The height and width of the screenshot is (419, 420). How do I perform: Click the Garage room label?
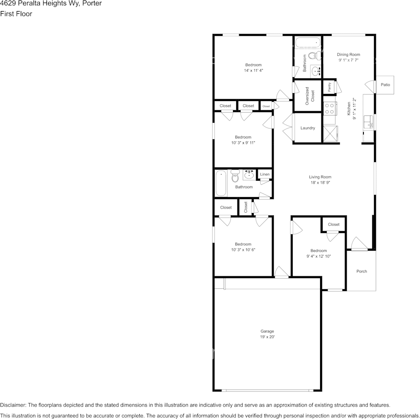tap(267, 331)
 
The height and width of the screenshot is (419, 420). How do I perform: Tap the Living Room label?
tap(320, 177)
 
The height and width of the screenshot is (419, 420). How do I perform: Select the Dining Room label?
tap(348, 54)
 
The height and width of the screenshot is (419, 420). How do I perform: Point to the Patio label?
tap(386, 85)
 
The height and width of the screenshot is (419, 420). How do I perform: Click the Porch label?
tap(362, 272)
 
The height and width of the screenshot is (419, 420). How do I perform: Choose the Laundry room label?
tap(308, 128)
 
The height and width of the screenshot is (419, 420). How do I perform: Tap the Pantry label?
tap(329, 87)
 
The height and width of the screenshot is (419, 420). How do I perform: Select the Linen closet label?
tap(264, 175)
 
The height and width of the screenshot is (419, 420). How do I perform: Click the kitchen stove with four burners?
tap(329, 109)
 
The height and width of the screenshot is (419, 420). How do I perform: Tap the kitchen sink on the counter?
tap(368, 122)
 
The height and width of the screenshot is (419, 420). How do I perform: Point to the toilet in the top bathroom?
tap(313, 56)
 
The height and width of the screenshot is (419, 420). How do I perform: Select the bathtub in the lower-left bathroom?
tap(221, 183)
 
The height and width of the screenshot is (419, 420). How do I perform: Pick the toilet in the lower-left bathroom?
tap(235, 176)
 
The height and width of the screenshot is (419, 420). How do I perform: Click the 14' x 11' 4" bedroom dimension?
tap(253, 70)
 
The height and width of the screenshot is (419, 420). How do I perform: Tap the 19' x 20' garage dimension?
tap(267, 337)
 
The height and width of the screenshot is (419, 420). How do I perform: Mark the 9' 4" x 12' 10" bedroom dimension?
tap(318, 256)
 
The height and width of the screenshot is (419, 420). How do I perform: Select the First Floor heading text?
tap(16, 14)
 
